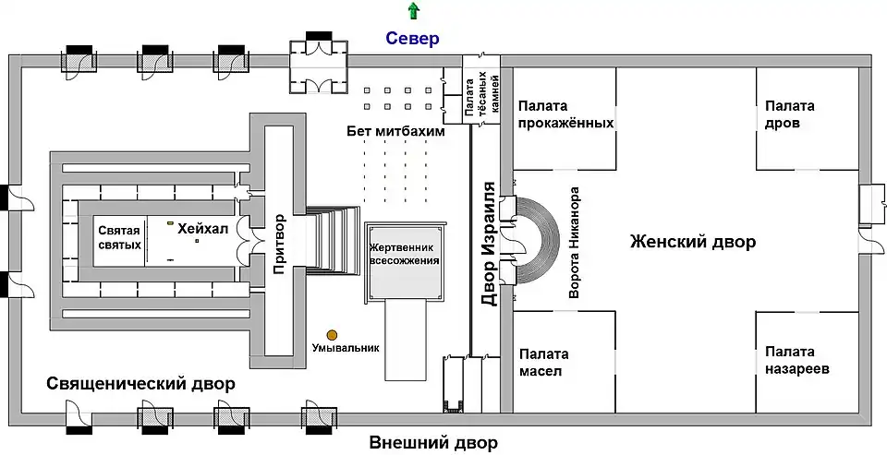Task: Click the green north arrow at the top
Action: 413,10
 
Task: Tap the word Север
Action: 412,39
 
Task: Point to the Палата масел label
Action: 543,363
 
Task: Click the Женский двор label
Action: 693,243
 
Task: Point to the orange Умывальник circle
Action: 331,334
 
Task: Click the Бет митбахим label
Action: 396,132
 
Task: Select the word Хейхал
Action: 200,229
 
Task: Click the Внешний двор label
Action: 432,443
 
